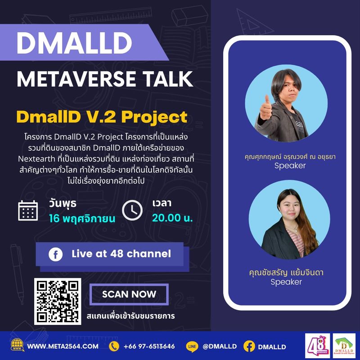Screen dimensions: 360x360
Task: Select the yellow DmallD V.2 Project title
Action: click(x=102, y=117)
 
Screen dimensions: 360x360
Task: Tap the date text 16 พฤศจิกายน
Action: click(x=82, y=219)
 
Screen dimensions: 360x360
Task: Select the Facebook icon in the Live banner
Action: click(x=56, y=254)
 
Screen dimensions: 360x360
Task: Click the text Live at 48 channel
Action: click(x=121, y=254)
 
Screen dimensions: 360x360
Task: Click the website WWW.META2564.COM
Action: click(x=63, y=346)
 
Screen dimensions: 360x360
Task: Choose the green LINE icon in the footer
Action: click(x=192, y=346)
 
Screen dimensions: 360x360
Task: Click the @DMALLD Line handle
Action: click(x=220, y=346)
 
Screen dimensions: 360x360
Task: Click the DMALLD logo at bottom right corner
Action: click(x=344, y=346)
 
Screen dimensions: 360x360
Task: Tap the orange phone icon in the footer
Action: click(x=115, y=346)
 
